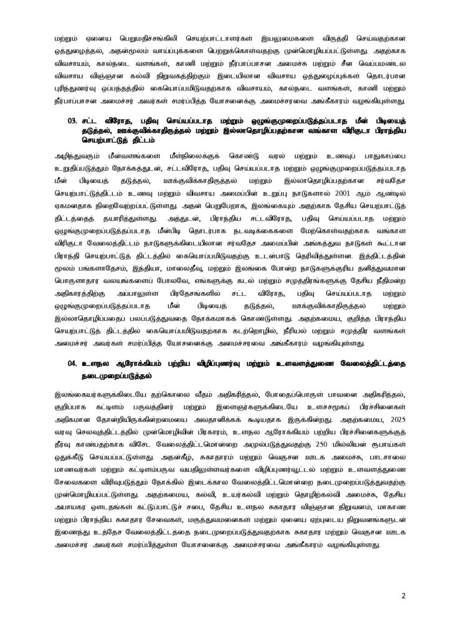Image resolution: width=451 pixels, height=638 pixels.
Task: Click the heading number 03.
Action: point(70,133)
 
